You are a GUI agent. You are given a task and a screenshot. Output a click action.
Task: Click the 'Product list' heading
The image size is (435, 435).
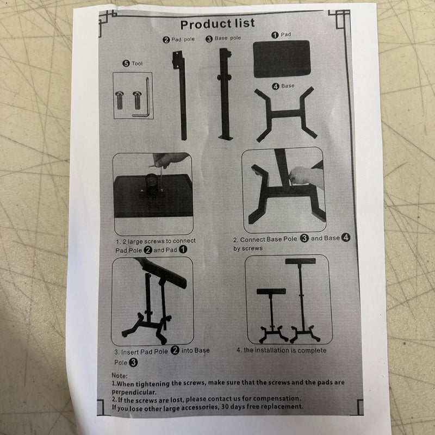click(x=217, y=24)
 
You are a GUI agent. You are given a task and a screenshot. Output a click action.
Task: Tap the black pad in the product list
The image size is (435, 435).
click(x=282, y=59)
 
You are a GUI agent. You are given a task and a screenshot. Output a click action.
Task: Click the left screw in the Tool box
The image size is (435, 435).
click(x=119, y=100)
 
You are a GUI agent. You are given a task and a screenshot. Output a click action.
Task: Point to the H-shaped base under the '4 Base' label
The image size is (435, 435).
click(x=286, y=114)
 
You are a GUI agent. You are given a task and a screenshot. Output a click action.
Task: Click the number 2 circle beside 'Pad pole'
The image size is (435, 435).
click(x=166, y=40)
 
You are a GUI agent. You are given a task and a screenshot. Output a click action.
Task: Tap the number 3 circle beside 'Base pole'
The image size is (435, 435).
click(x=209, y=39)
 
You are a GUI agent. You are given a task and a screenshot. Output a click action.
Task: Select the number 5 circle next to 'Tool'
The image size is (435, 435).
click(x=126, y=64)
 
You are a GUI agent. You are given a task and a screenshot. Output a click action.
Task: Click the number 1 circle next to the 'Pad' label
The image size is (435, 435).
click(x=275, y=35)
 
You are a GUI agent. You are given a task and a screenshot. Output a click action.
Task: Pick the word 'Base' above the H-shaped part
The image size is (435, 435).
click(x=288, y=86)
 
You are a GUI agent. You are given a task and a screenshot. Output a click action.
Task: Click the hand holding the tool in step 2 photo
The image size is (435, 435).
click(x=305, y=176)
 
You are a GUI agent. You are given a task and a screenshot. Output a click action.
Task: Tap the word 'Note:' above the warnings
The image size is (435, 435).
click(x=120, y=376)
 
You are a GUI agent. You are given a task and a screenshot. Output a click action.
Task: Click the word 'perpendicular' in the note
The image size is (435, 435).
click(x=134, y=392)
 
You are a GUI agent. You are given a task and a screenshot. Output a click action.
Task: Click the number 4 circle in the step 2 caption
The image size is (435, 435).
click(x=346, y=238)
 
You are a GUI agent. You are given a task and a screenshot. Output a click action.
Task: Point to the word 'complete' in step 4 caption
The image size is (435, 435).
click(x=312, y=350)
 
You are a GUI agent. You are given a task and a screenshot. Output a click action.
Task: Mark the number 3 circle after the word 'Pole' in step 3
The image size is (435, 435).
click(x=133, y=362)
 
